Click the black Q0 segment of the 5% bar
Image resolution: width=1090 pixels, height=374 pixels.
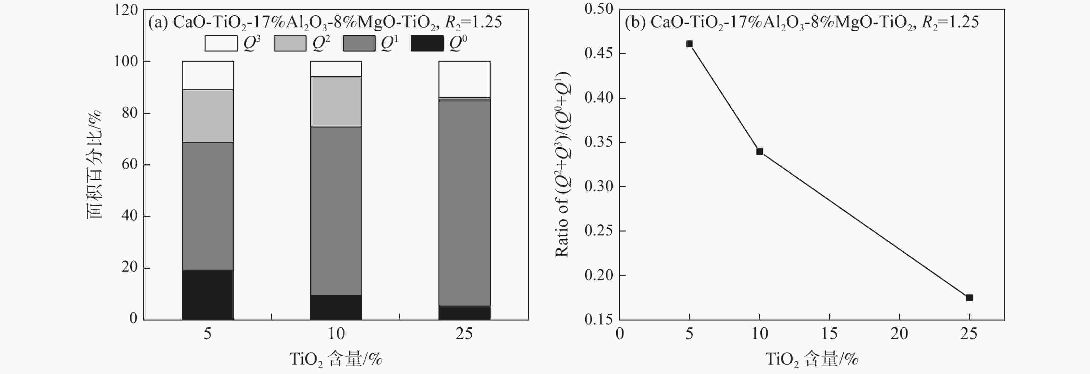(x=208, y=295)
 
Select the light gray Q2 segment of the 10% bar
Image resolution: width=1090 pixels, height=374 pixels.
(x=336, y=102)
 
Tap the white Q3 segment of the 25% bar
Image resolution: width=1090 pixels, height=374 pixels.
(x=464, y=79)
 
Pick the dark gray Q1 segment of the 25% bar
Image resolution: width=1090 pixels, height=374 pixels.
(x=464, y=202)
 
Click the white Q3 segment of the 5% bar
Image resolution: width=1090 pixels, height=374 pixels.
(x=208, y=75)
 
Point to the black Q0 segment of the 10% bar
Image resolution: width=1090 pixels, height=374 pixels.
(x=336, y=307)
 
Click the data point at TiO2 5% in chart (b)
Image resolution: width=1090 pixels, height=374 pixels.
(x=689, y=44)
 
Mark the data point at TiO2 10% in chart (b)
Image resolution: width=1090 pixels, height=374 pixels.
(x=760, y=152)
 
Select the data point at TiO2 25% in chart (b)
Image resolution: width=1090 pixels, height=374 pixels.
(x=969, y=298)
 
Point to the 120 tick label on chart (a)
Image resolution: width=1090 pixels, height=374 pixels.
(x=126, y=10)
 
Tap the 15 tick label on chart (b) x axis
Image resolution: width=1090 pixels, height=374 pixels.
(x=829, y=334)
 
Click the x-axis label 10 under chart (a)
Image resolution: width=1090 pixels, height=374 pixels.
(x=336, y=334)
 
